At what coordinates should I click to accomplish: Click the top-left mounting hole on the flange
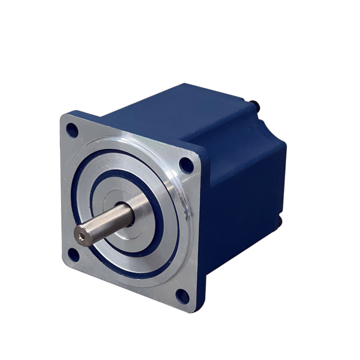tap(72, 130)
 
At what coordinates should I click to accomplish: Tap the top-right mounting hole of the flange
tap(185, 165)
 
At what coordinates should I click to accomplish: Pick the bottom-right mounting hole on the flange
tap(182, 296)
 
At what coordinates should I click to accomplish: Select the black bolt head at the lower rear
tap(279, 222)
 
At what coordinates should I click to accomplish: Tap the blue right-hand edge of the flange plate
tap(202, 231)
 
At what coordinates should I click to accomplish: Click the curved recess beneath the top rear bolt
tap(262, 123)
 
